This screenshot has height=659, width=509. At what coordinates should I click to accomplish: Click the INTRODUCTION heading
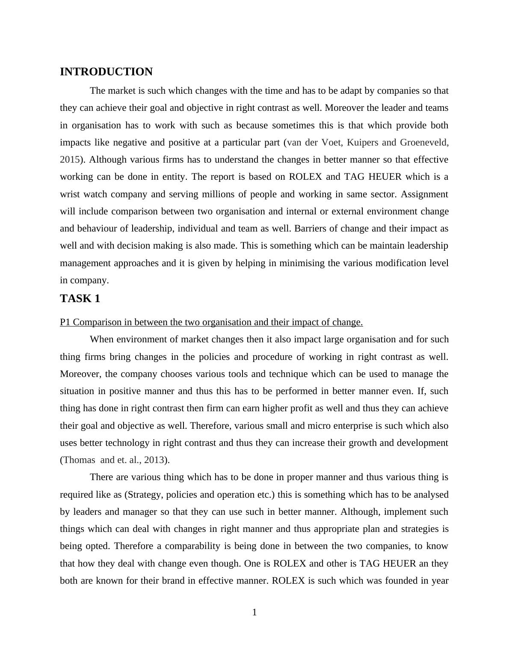106,72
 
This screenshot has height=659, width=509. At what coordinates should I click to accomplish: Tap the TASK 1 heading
80,299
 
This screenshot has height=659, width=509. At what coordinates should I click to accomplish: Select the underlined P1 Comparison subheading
211,322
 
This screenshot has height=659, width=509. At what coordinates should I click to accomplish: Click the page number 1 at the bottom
254,612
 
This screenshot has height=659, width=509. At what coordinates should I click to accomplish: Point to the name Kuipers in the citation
362,142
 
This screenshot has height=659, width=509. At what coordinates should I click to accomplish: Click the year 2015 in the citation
69,160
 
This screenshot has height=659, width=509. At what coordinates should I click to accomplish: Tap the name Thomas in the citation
79,460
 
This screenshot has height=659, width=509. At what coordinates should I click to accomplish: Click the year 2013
154,460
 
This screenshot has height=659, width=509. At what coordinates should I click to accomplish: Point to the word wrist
70,194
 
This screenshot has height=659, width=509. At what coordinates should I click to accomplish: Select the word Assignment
425,194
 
